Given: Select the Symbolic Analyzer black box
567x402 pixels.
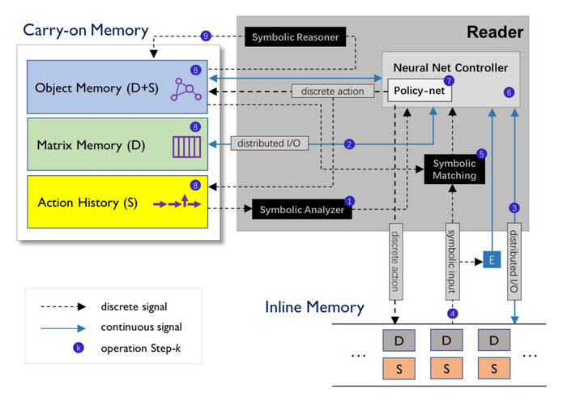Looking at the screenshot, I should click(x=301, y=210).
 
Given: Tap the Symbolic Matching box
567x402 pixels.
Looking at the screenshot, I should click(x=454, y=169).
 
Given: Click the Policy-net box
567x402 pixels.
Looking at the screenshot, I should click(x=418, y=92).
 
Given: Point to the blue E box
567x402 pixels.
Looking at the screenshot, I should click(x=491, y=260).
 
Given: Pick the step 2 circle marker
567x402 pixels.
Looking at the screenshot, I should click(x=349, y=144).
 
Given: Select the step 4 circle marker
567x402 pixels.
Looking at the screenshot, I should click(x=452, y=314).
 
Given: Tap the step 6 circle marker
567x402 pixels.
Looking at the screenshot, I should click(x=509, y=92).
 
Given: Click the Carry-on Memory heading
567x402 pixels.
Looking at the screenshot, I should click(x=86, y=31).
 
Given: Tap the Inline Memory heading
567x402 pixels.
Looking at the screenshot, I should click(x=314, y=308).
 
